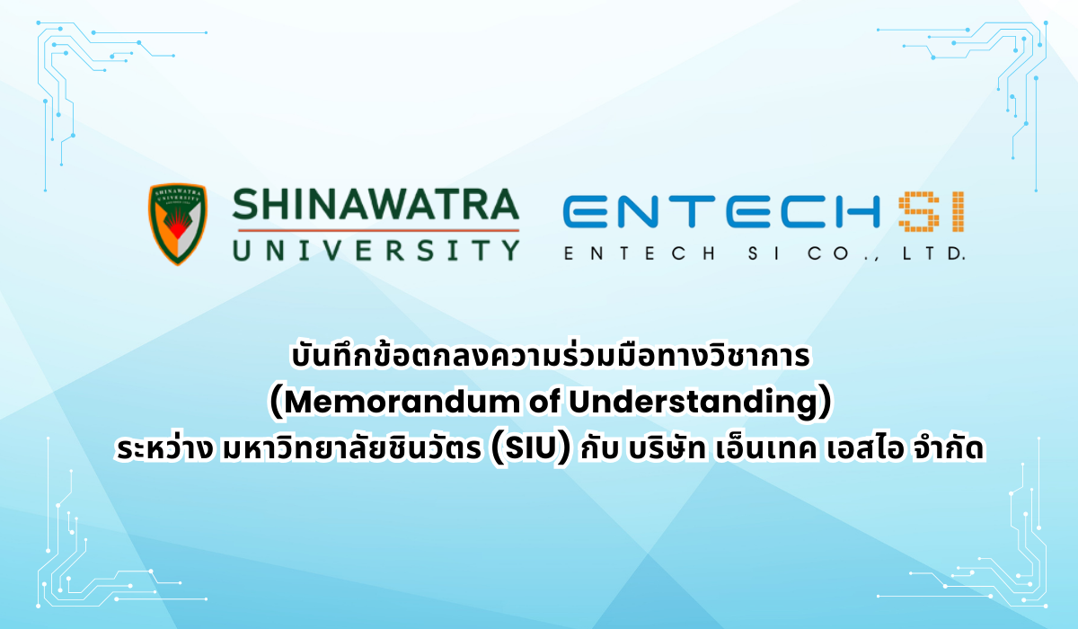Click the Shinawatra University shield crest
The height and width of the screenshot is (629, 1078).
(177, 224)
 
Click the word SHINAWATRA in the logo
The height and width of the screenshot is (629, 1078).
(376, 207)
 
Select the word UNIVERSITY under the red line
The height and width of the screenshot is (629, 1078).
(376, 248)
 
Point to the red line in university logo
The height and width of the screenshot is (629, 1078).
(376, 230)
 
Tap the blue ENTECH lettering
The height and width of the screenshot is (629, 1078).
(719, 212)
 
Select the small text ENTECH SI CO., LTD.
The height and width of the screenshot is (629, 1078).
(764, 254)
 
